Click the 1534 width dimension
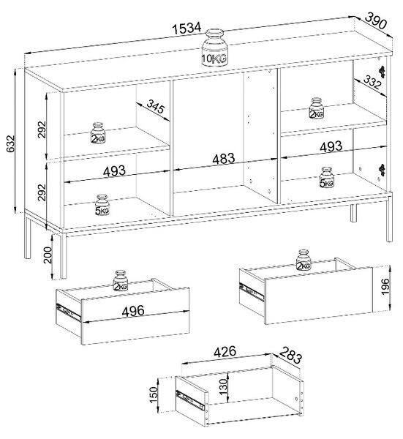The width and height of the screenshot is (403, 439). [187, 29]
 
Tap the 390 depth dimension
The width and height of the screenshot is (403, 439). [376, 20]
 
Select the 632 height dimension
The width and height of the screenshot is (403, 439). [11, 144]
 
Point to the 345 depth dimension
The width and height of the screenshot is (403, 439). [156, 106]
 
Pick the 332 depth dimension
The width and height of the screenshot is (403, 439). [372, 83]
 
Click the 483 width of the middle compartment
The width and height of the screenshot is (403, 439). [224, 159]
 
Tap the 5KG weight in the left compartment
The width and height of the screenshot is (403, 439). [102, 205]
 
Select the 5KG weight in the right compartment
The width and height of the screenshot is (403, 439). [327, 178]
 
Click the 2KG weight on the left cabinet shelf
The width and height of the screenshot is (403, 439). [98, 132]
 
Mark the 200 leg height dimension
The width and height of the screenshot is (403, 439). [48, 255]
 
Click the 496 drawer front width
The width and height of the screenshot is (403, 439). [133, 311]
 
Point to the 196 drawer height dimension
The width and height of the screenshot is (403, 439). [385, 286]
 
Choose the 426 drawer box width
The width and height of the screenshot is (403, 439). [225, 352]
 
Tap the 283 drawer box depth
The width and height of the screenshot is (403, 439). [290, 355]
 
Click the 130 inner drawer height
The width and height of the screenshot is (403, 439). [223, 386]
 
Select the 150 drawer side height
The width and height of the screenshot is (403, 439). [154, 394]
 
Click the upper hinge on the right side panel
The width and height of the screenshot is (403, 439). [382, 71]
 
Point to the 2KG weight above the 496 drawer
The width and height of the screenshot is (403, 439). [121, 281]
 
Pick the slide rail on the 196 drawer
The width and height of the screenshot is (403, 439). [252, 292]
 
